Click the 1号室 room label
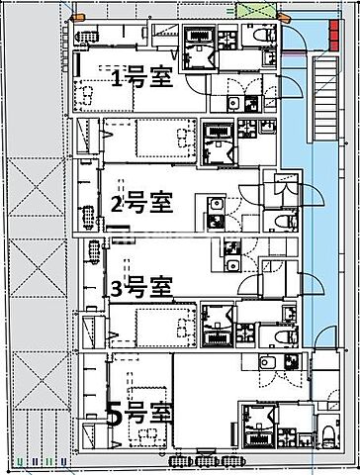coord(143,78)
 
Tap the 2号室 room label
coord(143,205)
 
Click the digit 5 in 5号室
coord(115,414)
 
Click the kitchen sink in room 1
coord(233,104)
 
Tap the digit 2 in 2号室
coord(116,206)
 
